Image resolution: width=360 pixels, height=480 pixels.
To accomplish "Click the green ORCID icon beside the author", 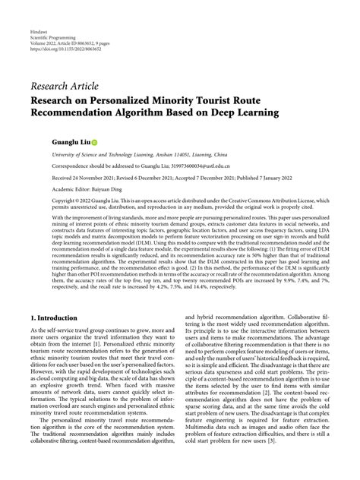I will [x=94, y=142].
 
